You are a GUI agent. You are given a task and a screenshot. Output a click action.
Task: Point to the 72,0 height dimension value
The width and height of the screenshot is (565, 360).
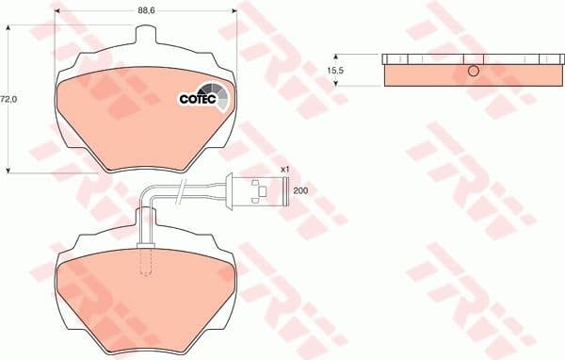[8, 98]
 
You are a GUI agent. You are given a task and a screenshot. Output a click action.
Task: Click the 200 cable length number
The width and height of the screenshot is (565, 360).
[300, 191]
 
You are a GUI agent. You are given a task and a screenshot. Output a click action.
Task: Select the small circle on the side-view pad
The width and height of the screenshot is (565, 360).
[475, 72]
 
